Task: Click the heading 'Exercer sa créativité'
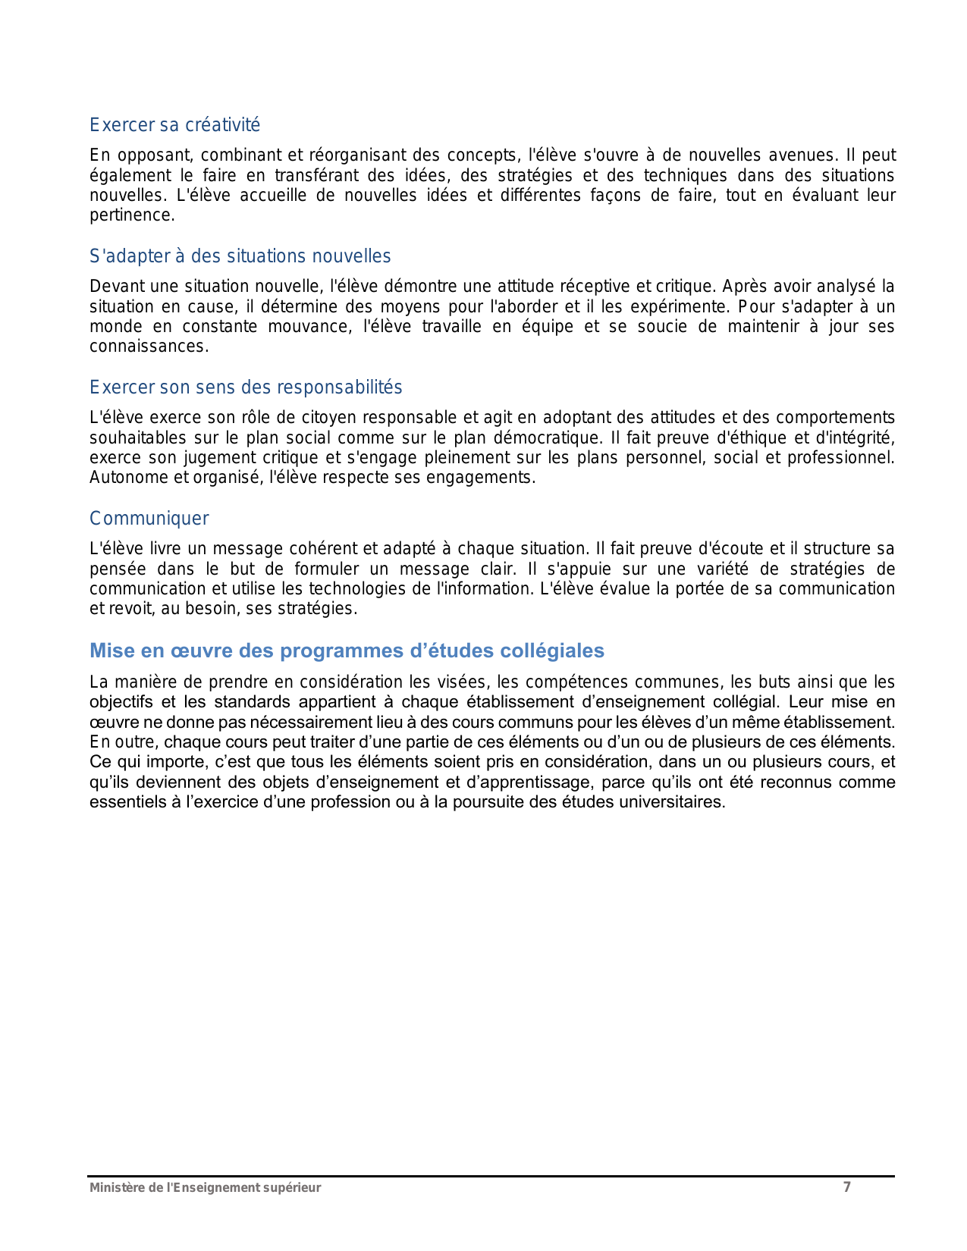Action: tap(174, 125)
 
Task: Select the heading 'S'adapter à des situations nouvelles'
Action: tap(240, 256)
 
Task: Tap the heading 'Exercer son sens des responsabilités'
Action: tap(246, 387)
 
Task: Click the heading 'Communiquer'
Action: tap(149, 519)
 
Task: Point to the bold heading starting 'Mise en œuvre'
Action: tap(347, 651)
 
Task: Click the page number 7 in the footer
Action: tap(847, 1187)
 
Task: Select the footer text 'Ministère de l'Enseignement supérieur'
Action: tap(205, 1188)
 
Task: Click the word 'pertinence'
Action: tap(131, 215)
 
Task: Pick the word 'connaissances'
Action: tap(148, 346)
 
